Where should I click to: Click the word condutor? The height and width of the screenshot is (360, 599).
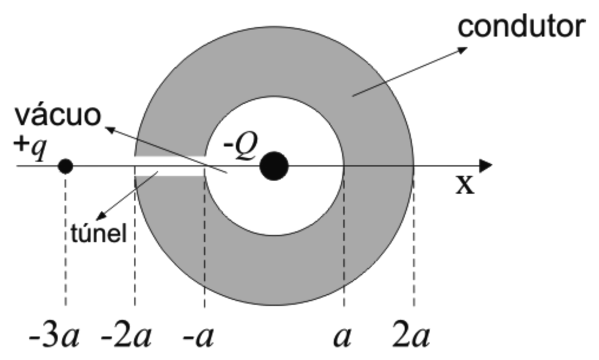click(x=522, y=26)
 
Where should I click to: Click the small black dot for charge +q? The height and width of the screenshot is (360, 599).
click(x=65, y=167)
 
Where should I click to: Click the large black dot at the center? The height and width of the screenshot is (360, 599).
click(x=274, y=166)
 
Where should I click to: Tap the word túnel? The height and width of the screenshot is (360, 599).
click(x=99, y=233)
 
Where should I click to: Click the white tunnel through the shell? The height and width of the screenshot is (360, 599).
click(x=170, y=166)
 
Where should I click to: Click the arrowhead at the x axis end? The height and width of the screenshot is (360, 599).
click(x=485, y=166)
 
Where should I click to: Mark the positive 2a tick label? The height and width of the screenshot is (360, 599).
click(x=411, y=336)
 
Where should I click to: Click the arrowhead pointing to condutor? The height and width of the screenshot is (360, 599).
click(x=462, y=50)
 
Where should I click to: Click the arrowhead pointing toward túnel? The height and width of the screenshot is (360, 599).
click(x=101, y=216)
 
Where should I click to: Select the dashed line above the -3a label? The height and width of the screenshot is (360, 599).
click(x=65, y=240)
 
